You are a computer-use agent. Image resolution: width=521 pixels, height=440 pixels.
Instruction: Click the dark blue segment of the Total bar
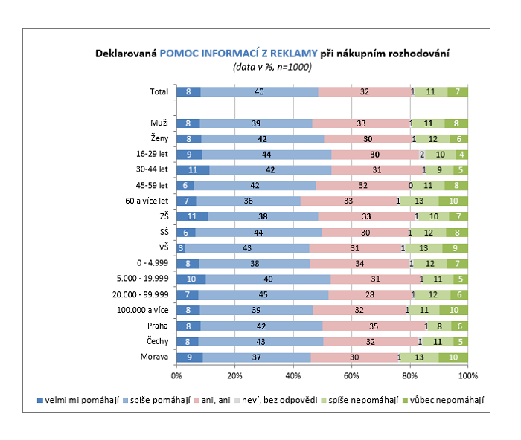coord(188,91)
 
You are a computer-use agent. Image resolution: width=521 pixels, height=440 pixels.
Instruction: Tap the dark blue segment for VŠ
coord(181,247)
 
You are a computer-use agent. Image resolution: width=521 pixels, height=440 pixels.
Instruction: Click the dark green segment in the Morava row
coord(453,357)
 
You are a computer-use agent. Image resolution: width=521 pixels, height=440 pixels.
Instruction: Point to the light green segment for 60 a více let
coord(419,201)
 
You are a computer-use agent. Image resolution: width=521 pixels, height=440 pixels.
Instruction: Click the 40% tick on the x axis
coord(293,375)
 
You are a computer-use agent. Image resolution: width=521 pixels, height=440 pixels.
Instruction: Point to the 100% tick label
coord(467,375)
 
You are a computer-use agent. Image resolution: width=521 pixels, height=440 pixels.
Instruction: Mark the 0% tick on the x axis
coord(177,375)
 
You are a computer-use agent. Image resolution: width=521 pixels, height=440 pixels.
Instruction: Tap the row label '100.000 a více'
coord(144,310)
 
